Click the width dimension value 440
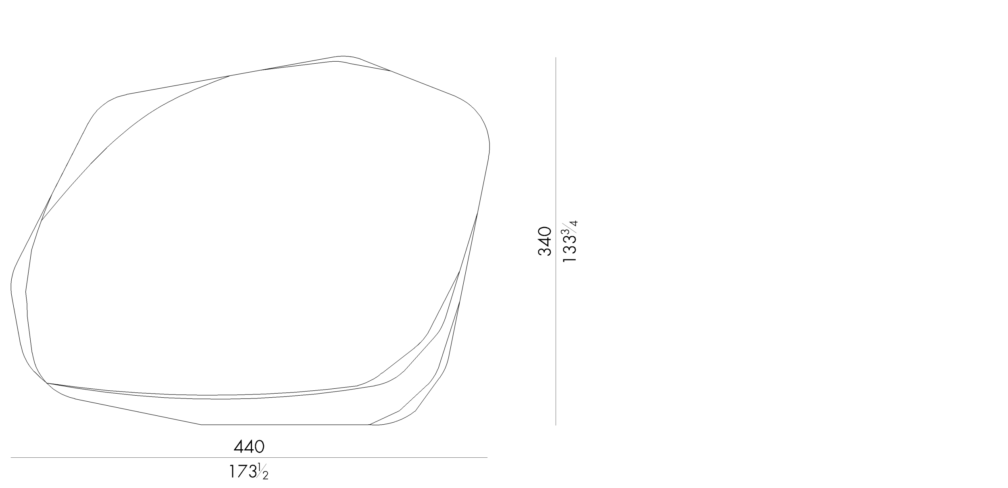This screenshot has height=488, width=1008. click(249, 446)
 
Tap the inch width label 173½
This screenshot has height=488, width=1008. click(248, 471)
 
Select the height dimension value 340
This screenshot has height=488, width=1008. click(544, 241)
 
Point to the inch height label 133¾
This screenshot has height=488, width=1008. click(570, 241)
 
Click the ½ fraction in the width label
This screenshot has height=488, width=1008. click(262, 472)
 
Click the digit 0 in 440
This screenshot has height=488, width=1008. click(259, 446)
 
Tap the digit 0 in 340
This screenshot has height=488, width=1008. click(544, 231)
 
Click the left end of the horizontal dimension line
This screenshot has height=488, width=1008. click(11, 457)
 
